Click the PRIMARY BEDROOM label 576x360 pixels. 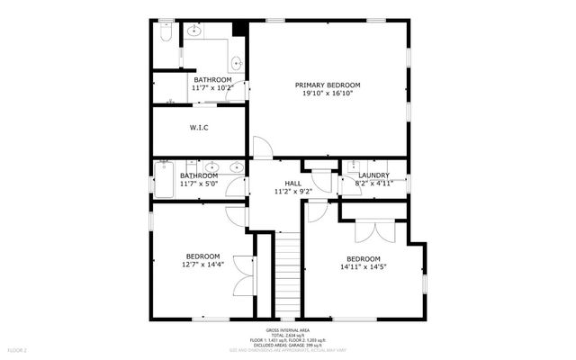[329, 85]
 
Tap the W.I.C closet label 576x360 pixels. [199, 128]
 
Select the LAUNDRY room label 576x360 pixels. [373, 175]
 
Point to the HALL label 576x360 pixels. [293, 183]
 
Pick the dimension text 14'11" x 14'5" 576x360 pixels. [364, 266]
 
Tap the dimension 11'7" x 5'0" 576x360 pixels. [199, 184]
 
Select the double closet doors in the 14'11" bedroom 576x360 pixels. [373, 229]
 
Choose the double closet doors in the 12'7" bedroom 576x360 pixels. [241, 274]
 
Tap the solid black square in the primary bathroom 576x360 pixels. [238, 28]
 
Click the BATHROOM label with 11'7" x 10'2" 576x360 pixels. [213, 80]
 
